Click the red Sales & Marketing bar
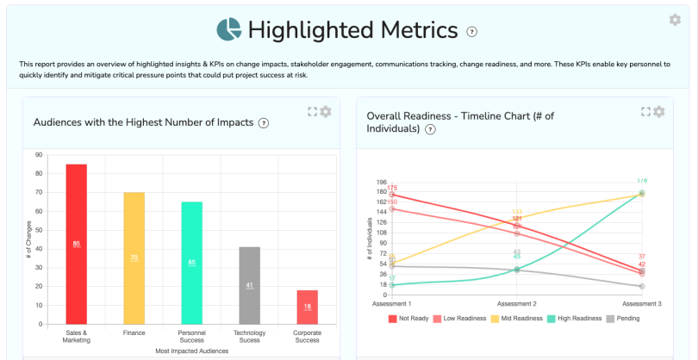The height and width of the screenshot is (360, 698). (76, 244)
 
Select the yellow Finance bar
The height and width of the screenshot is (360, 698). (134, 258)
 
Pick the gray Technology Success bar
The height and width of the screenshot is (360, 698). (249, 285)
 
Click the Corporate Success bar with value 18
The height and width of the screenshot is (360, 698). (307, 307)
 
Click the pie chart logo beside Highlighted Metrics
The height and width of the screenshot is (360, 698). (229, 30)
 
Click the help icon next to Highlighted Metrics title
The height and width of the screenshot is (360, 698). (471, 32)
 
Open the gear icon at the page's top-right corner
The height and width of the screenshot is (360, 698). (675, 20)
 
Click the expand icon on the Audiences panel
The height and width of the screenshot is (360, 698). (312, 112)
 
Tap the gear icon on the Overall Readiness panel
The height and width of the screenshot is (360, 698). (659, 112)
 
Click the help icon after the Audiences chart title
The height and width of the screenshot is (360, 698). (264, 123)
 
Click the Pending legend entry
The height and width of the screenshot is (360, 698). (623, 318)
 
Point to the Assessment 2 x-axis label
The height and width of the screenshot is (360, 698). (516, 304)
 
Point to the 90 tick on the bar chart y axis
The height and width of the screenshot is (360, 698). (39, 155)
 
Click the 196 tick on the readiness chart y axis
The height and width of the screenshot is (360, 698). (382, 182)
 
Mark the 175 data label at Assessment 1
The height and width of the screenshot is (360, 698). (392, 188)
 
